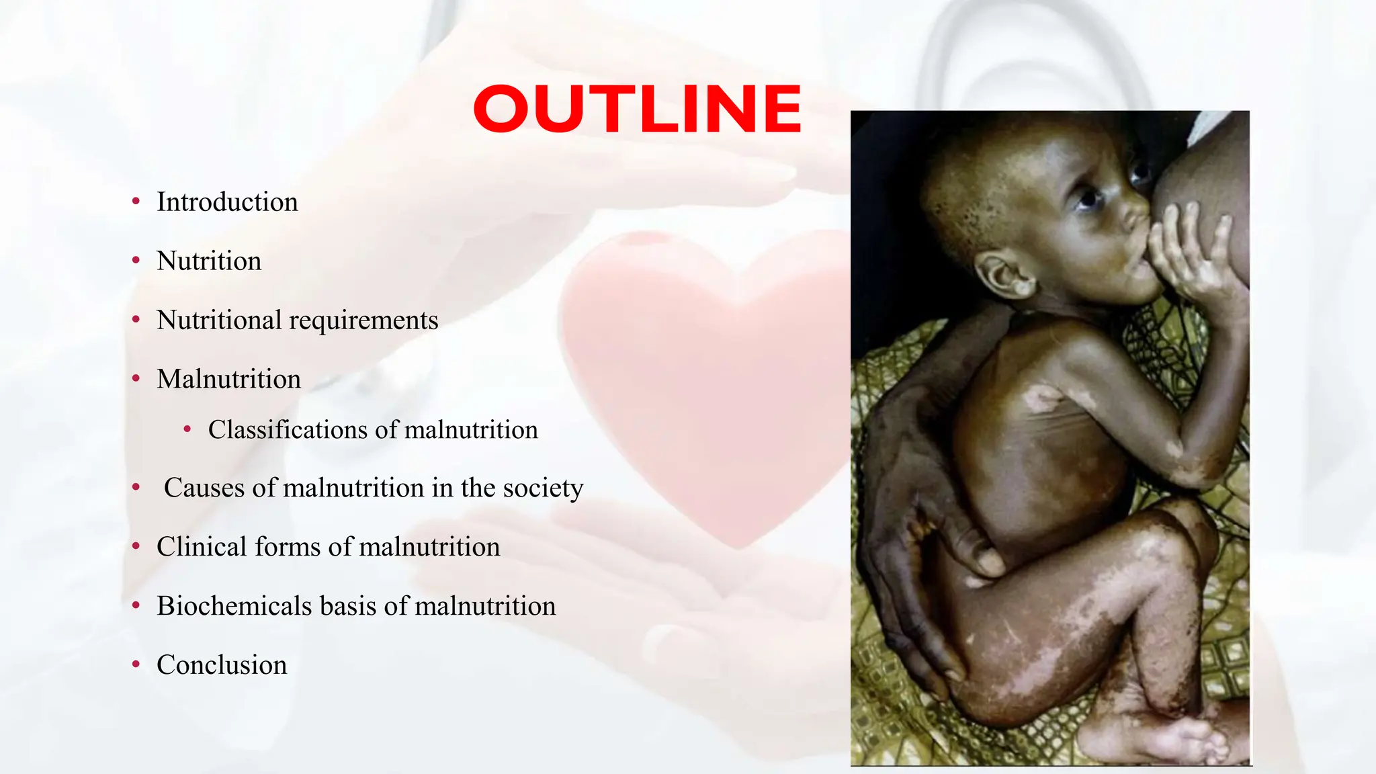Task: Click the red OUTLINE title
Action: pyautogui.click(x=637, y=109)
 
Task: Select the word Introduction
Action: pyautogui.click(x=227, y=202)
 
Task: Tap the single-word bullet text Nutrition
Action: pyautogui.click(x=209, y=261)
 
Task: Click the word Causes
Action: pyautogui.click(x=204, y=488)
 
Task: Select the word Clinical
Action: pyautogui.click(x=202, y=547)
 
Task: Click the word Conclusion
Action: pyautogui.click(x=222, y=665)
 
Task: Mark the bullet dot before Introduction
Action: pyautogui.click(x=136, y=201)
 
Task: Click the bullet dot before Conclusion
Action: pyautogui.click(x=136, y=664)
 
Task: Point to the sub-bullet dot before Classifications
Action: pyautogui.click(x=187, y=429)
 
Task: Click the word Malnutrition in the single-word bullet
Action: pyautogui.click(x=228, y=380)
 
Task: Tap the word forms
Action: pyautogui.click(x=288, y=547)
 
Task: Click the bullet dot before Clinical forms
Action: pyautogui.click(x=136, y=546)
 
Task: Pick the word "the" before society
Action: pyautogui.click(x=478, y=488)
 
